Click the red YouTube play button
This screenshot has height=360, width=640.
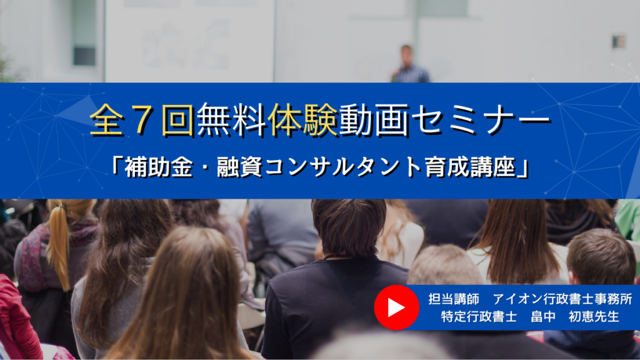coord(396,307)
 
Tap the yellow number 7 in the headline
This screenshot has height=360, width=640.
coord(142,120)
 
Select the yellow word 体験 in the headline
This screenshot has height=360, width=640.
coord(303,119)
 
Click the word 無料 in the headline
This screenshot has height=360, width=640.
coord(232,119)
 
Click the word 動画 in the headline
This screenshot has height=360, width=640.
coord(374,119)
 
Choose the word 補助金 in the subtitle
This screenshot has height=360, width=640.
coord(159,167)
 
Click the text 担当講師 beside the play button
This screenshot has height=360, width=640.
coord(454,299)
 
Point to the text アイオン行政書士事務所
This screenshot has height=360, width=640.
coord(563,299)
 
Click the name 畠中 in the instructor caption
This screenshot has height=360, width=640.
coord(543,316)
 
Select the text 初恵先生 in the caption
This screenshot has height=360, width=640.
coord(594,316)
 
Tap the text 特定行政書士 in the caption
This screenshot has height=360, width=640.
coord(479,316)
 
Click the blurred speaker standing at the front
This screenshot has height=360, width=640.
coord(409,64)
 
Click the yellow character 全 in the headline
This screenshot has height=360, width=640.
coord(106,120)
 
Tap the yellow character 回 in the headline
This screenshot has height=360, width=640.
coord(178,120)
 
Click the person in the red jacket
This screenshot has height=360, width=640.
coord(16,318)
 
